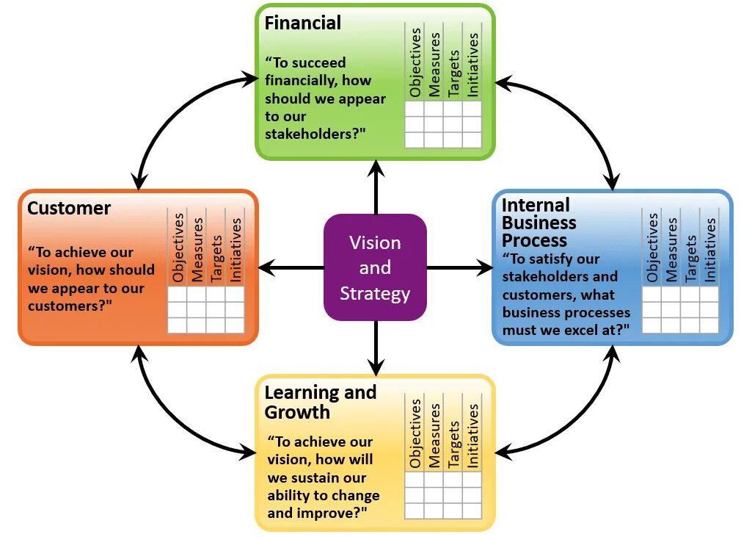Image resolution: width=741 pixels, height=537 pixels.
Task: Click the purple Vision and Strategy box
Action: (x=375, y=267)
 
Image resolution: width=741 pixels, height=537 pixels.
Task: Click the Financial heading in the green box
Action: (x=302, y=23)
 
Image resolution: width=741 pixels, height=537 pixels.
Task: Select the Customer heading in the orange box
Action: (x=69, y=209)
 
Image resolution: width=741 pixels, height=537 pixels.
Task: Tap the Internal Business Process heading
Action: (x=539, y=223)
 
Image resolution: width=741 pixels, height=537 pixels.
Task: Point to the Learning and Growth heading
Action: (x=320, y=402)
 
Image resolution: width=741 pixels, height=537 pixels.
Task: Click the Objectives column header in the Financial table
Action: (x=415, y=62)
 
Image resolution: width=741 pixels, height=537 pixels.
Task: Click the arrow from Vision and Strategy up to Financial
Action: (x=376, y=187)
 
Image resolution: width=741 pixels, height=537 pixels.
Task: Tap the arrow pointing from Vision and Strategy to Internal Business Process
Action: (x=460, y=268)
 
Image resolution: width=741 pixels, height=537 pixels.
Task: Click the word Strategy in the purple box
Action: (x=375, y=294)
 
